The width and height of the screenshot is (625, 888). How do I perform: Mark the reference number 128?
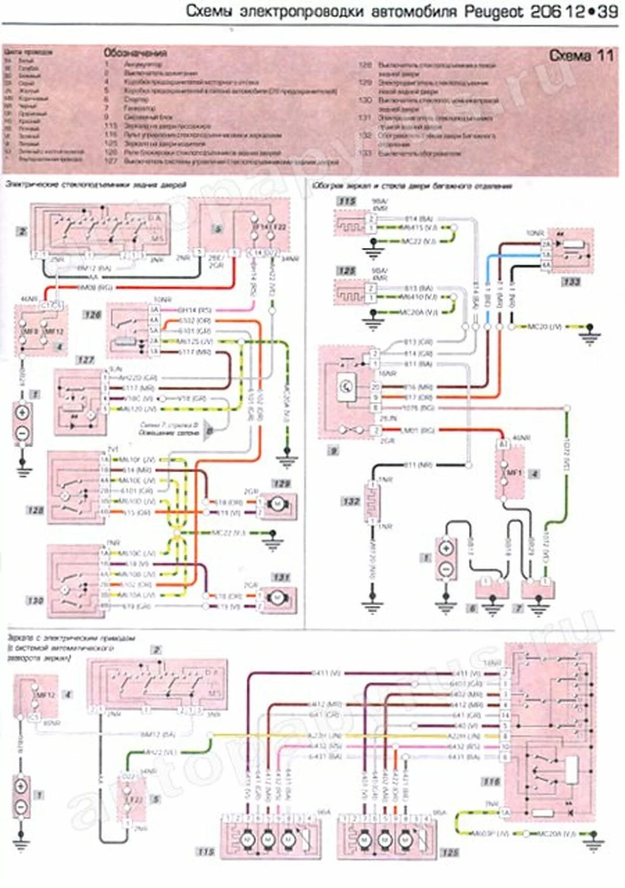(36, 511)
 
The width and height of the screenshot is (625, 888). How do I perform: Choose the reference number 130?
(35, 601)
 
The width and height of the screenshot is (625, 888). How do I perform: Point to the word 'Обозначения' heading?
(135, 53)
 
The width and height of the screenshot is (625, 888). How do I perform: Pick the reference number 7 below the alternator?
(518, 607)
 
